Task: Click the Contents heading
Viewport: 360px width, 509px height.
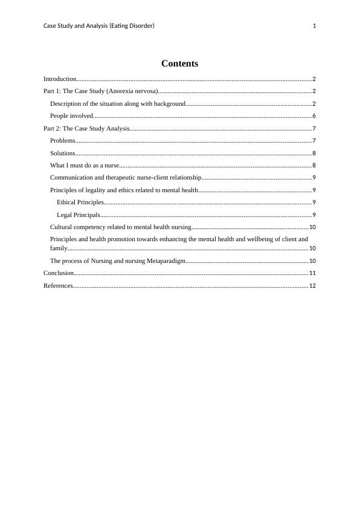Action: point(179,63)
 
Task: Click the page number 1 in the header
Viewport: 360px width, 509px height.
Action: point(315,25)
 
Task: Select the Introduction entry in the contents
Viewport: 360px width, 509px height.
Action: point(60,79)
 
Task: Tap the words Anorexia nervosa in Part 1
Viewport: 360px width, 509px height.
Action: point(132,91)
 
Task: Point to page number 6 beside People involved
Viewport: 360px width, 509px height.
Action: point(314,116)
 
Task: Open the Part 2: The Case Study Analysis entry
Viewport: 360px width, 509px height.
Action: point(86,128)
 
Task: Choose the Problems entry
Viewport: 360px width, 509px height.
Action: point(62,140)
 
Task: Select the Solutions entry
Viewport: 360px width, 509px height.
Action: point(62,153)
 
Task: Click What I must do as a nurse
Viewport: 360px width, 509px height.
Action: point(85,165)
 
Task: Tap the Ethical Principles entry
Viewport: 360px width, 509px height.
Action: point(80,202)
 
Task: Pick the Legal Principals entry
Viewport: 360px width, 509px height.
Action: point(78,215)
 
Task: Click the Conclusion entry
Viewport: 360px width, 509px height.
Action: point(58,273)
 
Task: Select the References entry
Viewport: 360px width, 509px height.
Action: point(58,285)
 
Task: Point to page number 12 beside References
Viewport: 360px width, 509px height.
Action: point(312,286)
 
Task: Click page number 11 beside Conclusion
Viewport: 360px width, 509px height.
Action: point(312,273)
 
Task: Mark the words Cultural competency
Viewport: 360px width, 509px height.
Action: point(77,227)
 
